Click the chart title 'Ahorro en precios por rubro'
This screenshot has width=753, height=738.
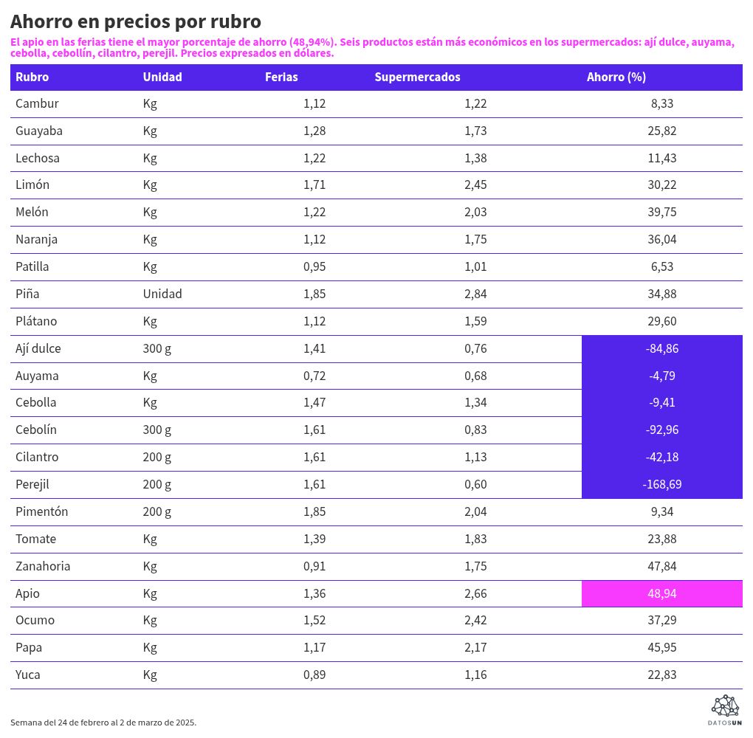pyautogui.click(x=136, y=21)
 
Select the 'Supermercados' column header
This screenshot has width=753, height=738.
pyautogui.click(x=417, y=77)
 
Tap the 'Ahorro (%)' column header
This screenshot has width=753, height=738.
pyautogui.click(x=616, y=77)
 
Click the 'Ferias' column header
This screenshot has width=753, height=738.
pyautogui.click(x=281, y=77)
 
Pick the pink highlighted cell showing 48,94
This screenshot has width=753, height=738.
pyautogui.click(x=661, y=593)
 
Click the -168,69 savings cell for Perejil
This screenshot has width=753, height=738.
pyautogui.click(x=661, y=484)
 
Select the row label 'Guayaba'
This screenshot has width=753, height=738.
pyautogui.click(x=39, y=131)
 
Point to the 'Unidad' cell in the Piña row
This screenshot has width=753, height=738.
pyautogui.click(x=162, y=294)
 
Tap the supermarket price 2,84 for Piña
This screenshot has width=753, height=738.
pyautogui.click(x=475, y=294)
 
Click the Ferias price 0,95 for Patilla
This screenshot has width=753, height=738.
pyautogui.click(x=314, y=266)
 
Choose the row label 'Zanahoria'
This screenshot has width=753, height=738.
pyautogui.click(x=43, y=566)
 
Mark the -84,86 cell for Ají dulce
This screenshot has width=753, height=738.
pyautogui.click(x=661, y=348)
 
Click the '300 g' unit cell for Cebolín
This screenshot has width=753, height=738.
pyautogui.click(x=157, y=430)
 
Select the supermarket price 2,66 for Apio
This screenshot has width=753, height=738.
pyautogui.click(x=475, y=593)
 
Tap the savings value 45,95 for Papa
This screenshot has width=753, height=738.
pyautogui.click(x=661, y=647)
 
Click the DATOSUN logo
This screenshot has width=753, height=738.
pyautogui.click(x=725, y=709)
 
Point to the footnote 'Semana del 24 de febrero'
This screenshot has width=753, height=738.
pyautogui.click(x=103, y=722)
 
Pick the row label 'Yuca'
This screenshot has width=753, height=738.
pyautogui.click(x=28, y=675)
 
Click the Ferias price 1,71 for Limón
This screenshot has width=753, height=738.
pyautogui.click(x=314, y=184)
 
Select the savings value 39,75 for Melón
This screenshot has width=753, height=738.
pyautogui.click(x=661, y=212)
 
